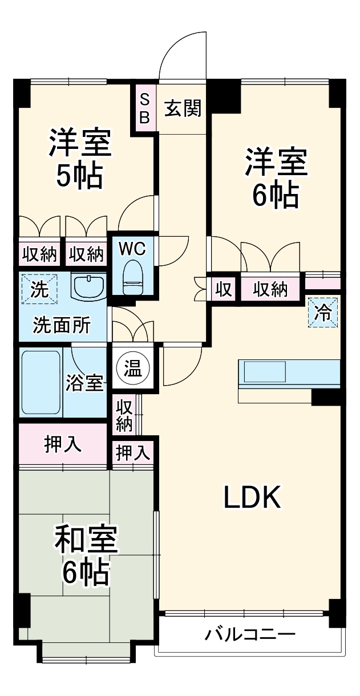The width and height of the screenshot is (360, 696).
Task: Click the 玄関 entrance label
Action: (x=183, y=108)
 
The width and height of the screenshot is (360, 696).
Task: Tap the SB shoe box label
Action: (x=144, y=108)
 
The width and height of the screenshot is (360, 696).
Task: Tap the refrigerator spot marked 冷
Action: (x=323, y=313)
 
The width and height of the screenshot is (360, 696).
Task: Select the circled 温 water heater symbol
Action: (x=132, y=367)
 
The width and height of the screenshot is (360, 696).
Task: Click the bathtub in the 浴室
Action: (x=41, y=382)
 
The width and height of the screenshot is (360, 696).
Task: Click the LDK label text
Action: (x=251, y=498)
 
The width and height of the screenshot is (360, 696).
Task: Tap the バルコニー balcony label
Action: (x=250, y=634)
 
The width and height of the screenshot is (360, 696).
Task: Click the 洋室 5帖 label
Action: (x=79, y=159)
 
